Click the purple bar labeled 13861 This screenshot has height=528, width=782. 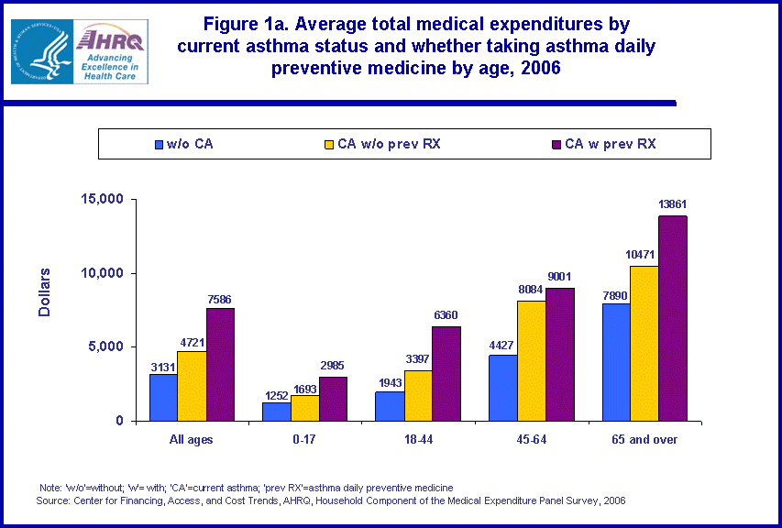[x=673, y=318]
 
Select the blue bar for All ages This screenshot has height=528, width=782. [x=164, y=397]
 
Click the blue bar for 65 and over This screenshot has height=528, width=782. [x=615, y=362]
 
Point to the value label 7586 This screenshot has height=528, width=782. [x=220, y=300]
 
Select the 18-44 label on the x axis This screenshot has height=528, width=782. [x=418, y=440]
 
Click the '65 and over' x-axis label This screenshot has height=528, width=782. [x=644, y=440]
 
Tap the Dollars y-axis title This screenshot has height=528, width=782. [x=45, y=291]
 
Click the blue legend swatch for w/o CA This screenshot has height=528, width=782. [x=160, y=145]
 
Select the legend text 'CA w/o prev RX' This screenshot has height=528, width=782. [x=389, y=144]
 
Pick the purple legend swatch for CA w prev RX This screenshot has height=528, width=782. [x=555, y=144]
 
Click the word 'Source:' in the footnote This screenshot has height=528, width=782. [x=54, y=500]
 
